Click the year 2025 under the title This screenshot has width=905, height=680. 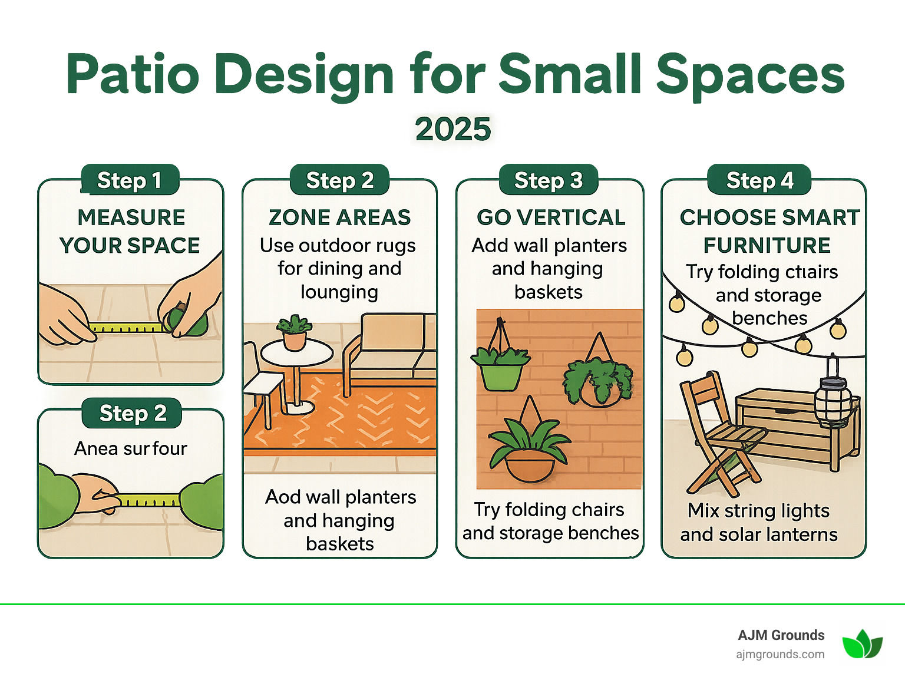452,129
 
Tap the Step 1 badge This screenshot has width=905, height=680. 130,180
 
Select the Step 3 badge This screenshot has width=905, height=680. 548,180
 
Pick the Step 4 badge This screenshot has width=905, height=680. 759,180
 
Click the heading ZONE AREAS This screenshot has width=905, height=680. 339,217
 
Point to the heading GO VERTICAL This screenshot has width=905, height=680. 551,217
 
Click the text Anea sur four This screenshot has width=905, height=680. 130,448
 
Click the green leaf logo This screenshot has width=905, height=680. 862,644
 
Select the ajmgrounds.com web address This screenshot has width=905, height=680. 780,654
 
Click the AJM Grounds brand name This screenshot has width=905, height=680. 781,635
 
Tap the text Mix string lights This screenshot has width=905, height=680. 758,510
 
